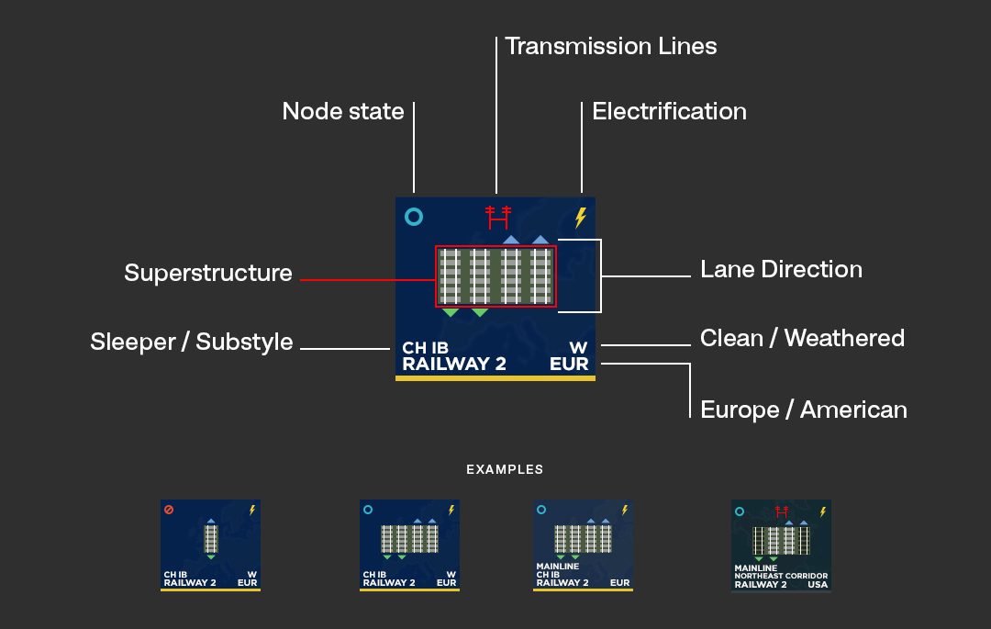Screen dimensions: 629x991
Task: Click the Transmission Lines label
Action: [611, 46]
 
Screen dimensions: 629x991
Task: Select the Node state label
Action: [343, 112]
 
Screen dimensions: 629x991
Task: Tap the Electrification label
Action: [669, 112]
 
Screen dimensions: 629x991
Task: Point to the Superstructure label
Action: [208, 274]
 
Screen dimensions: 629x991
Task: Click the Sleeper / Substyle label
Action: [192, 343]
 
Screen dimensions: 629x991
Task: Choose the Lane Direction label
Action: [781, 270]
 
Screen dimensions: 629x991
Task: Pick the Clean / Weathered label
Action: [802, 339]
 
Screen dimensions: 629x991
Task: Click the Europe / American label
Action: [803, 410]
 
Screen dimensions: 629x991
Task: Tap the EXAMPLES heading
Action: [505, 469]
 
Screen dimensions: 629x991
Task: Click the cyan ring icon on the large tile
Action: [414, 218]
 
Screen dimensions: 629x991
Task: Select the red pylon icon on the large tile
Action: [497, 218]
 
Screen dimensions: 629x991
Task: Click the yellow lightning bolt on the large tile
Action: [580, 218]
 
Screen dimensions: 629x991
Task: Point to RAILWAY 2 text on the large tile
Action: [454, 364]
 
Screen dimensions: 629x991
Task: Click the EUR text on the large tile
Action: [569, 364]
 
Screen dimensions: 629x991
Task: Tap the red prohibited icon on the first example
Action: [169, 510]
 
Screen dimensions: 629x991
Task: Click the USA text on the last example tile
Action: [817, 584]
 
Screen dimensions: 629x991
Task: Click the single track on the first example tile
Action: [211, 538]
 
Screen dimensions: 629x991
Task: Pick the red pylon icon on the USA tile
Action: [782, 511]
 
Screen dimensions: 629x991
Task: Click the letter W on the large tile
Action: [578, 348]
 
